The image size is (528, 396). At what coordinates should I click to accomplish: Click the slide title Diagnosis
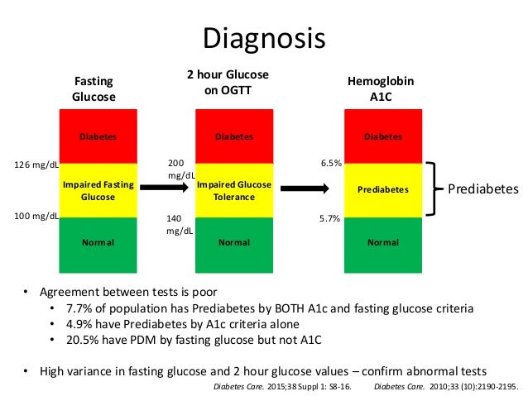click(264, 38)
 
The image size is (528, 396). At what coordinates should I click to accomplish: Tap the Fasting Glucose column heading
click(94, 89)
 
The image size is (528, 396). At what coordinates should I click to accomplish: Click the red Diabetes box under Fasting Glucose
click(98, 136)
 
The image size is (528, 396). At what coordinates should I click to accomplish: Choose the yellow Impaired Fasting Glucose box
click(98, 190)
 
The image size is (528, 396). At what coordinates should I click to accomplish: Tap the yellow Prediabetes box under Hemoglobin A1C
click(382, 190)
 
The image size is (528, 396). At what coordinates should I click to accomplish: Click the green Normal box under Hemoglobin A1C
click(382, 243)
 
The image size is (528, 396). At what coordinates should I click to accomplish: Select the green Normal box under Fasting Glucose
click(98, 243)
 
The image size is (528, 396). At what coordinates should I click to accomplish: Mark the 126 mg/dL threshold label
click(37, 165)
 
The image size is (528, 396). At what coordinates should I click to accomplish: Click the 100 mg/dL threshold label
click(37, 217)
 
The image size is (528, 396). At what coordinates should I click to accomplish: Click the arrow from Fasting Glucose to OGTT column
click(162, 190)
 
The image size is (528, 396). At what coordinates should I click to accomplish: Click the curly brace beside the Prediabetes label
click(432, 190)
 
